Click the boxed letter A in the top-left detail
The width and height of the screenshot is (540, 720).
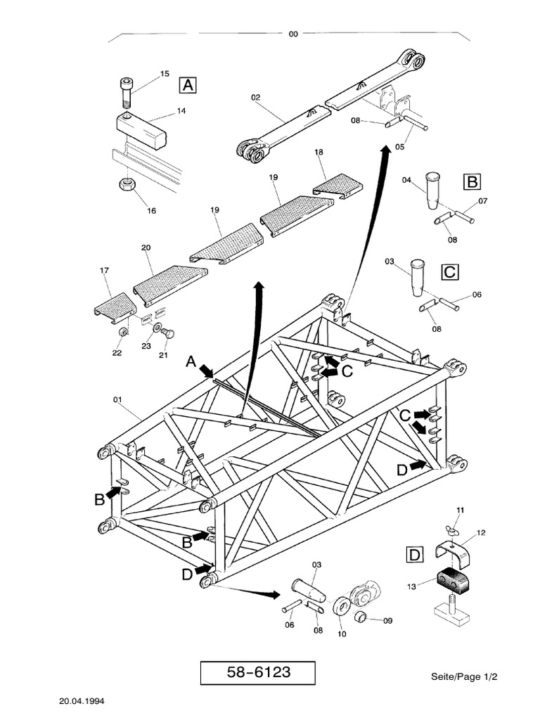(188, 85)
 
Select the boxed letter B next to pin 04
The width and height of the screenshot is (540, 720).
(471, 183)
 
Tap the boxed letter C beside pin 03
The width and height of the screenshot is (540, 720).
(449, 271)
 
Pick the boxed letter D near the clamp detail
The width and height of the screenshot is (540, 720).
(415, 555)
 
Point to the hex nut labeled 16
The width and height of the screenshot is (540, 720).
(126, 187)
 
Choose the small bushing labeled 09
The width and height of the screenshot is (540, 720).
(362, 618)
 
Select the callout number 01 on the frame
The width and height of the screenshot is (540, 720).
(117, 400)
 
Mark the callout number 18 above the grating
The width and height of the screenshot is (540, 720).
(319, 152)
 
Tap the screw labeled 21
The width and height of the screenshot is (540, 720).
(167, 334)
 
